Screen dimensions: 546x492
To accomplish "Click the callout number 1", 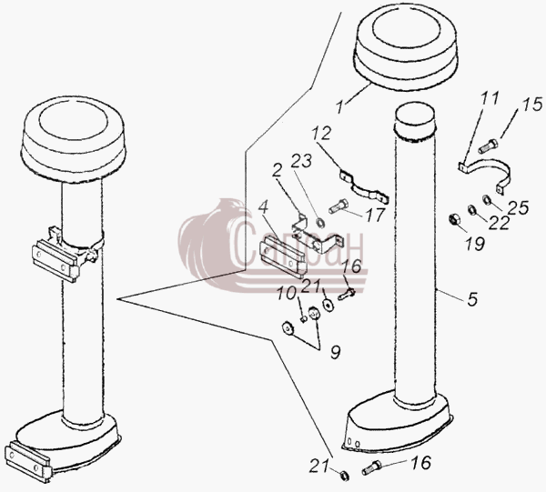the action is (x=339, y=106).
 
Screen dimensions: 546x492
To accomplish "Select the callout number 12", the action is (x=321, y=133).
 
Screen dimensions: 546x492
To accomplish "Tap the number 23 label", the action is (x=301, y=160).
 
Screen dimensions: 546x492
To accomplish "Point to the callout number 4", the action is (x=264, y=207).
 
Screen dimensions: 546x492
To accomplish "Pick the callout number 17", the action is (x=375, y=215).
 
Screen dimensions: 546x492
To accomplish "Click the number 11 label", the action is (x=490, y=99).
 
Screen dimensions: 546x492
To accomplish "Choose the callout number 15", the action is (x=531, y=105).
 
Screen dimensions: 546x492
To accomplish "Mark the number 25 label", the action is (x=518, y=207).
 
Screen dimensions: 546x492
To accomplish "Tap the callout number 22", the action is (x=499, y=223).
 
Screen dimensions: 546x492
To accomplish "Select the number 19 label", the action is (x=475, y=243).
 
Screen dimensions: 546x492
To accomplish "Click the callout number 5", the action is (x=472, y=299).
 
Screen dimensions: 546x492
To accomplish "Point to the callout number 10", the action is (x=287, y=294).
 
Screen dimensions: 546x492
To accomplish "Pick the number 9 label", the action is (x=335, y=352).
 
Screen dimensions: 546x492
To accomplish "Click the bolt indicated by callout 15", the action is (x=488, y=146).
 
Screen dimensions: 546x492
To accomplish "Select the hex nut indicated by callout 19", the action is (x=454, y=219).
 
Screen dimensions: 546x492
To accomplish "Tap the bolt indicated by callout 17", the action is (x=339, y=206).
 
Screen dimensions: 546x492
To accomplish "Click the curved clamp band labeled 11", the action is (x=486, y=166).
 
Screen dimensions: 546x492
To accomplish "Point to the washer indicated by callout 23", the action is (x=320, y=223).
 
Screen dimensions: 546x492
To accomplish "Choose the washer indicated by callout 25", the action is (x=486, y=200).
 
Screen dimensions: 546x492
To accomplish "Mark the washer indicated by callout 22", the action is (x=471, y=210).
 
